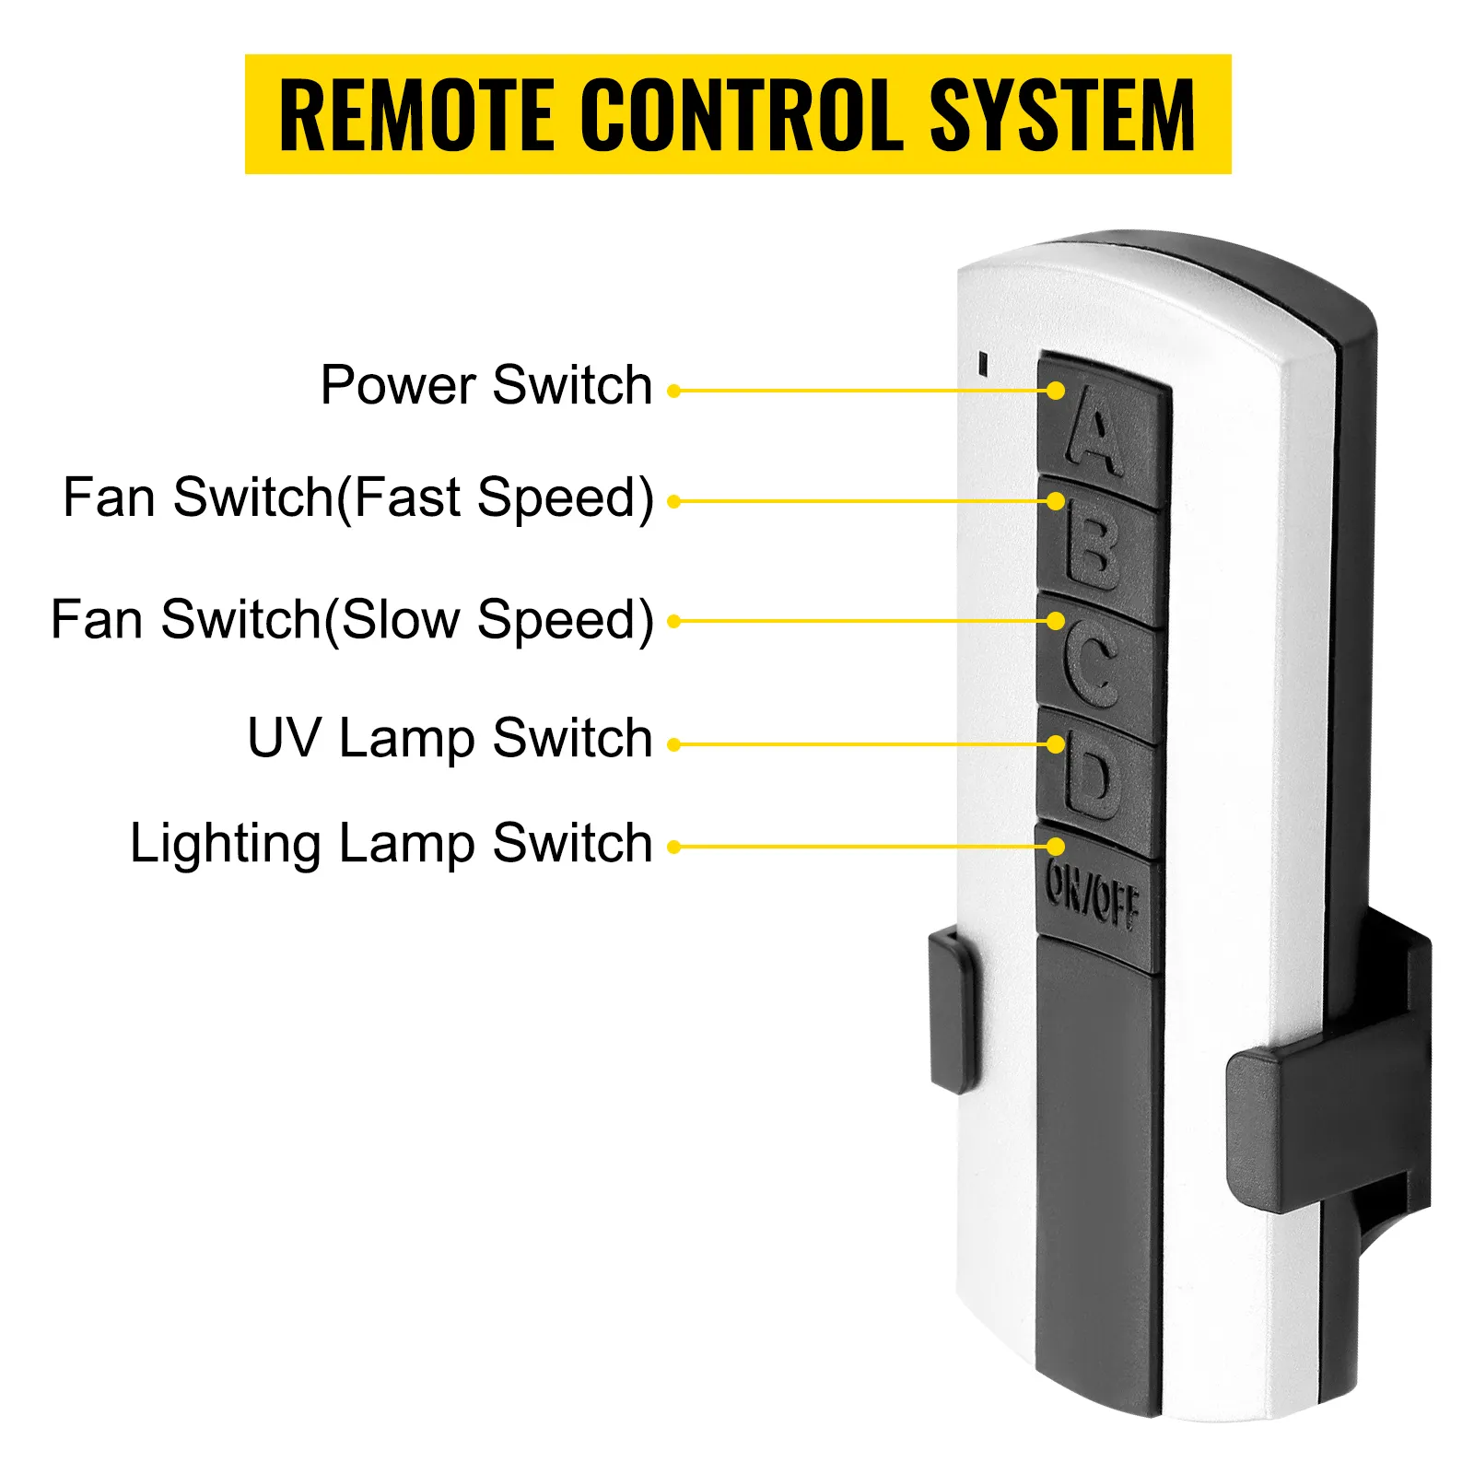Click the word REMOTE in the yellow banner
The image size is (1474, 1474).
416,114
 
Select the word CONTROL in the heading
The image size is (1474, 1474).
742,114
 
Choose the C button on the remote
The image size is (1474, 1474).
1096,665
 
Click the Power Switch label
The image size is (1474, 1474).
486,385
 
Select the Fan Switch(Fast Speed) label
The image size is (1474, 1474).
358,498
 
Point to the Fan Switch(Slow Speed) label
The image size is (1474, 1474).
352,619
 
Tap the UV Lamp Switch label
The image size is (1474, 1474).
450,738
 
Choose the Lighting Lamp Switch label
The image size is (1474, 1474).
391,843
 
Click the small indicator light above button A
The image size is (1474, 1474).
984,363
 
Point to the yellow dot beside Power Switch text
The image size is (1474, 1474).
673,392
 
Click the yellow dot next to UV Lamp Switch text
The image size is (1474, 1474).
673,744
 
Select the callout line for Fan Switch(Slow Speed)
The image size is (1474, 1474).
861,622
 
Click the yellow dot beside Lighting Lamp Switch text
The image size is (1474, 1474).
673,847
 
